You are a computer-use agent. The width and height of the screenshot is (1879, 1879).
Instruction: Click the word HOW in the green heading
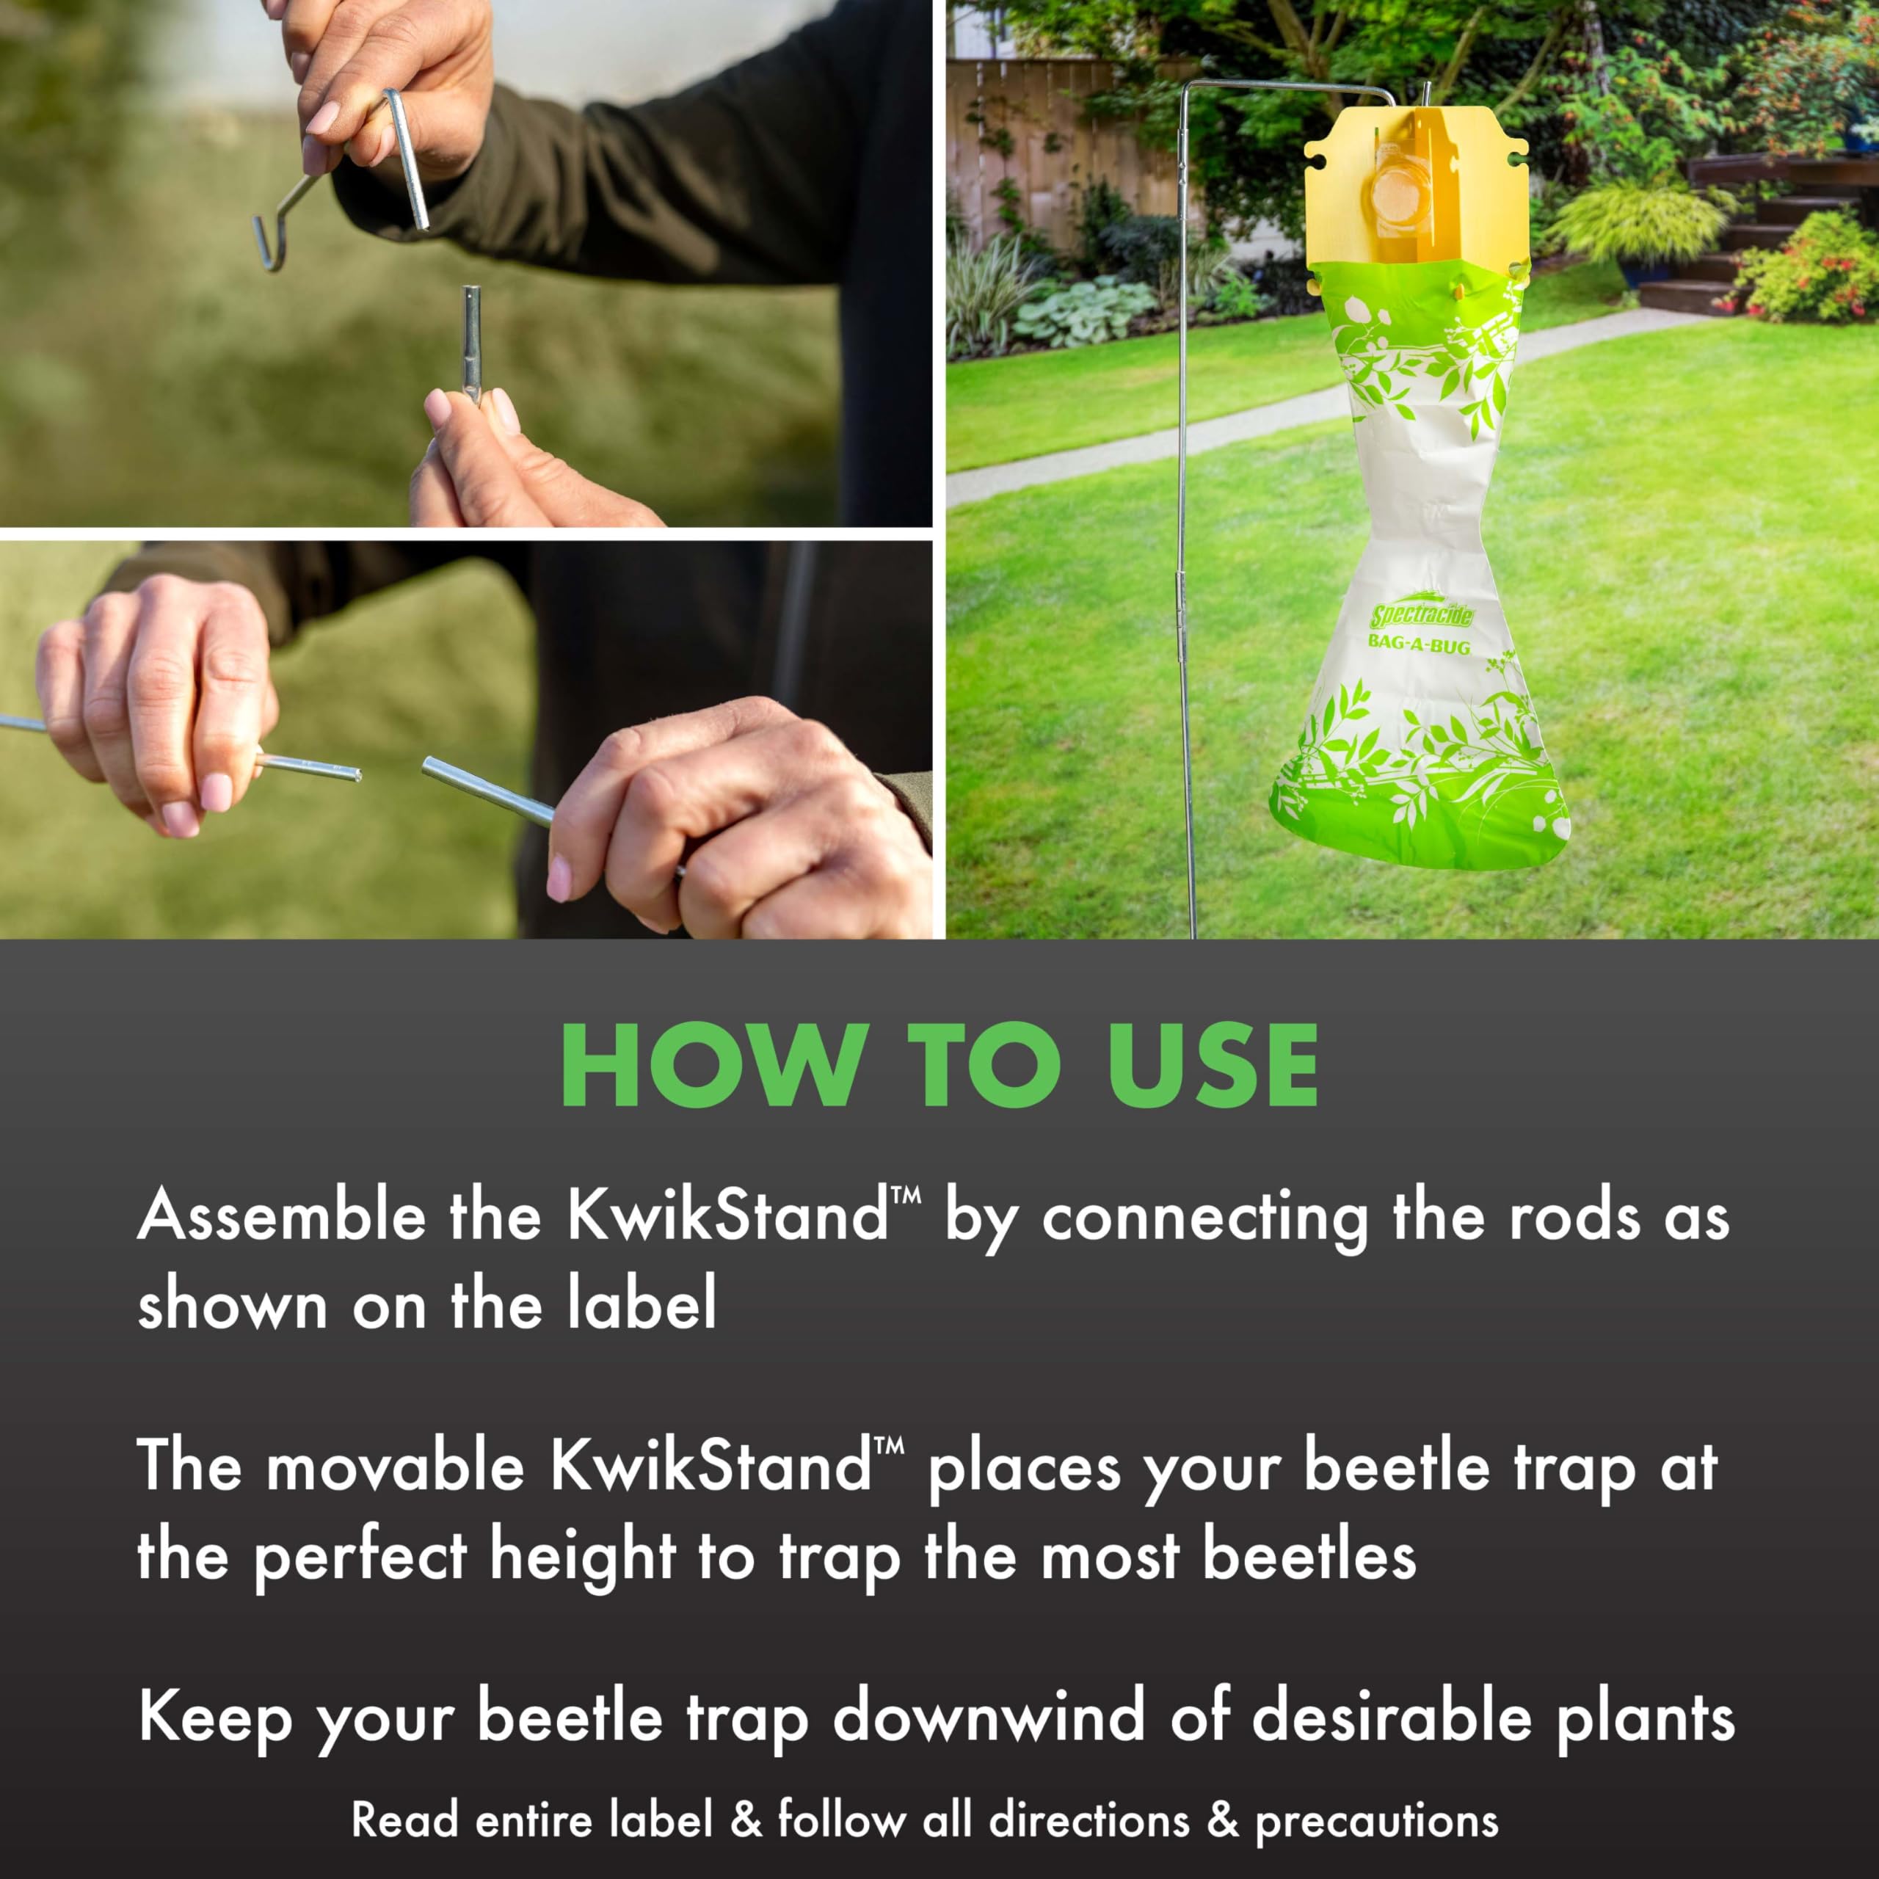(x=715, y=1065)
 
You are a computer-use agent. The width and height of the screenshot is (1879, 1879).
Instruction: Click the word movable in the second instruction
(x=395, y=1465)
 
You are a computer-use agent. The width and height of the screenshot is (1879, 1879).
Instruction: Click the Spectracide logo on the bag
(x=1422, y=614)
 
